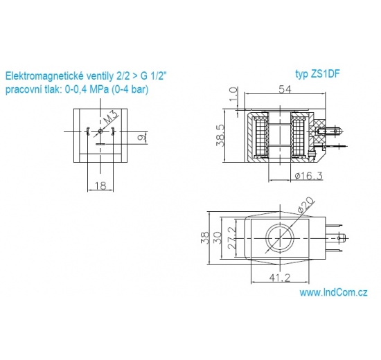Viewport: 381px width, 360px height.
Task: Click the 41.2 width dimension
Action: [x=281, y=278]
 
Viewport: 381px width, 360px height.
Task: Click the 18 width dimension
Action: [x=100, y=186]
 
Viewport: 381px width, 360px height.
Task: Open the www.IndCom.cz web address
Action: [x=333, y=293]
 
